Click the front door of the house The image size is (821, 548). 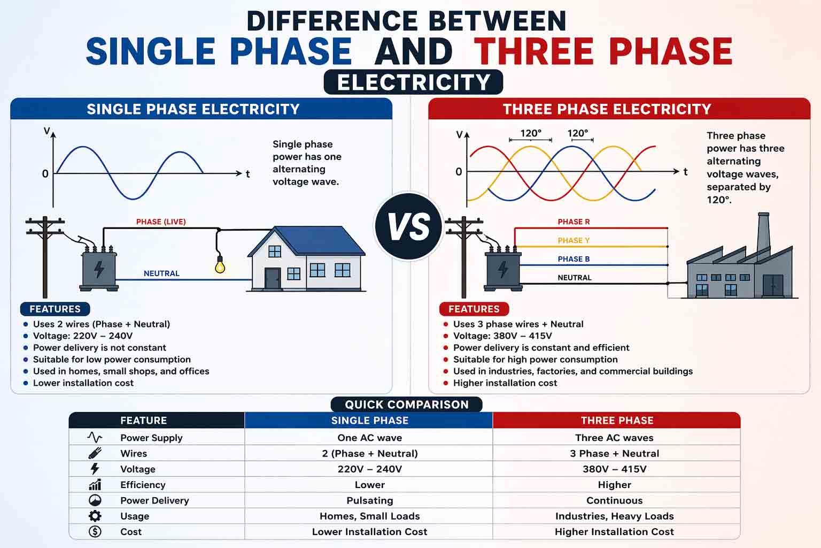click(x=273, y=278)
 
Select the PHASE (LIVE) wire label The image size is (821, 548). click(x=161, y=222)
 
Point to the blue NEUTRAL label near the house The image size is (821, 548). click(x=161, y=273)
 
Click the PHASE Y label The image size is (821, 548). click(x=574, y=240)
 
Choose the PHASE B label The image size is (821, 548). click(x=574, y=259)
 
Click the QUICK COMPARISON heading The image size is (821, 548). click(x=406, y=405)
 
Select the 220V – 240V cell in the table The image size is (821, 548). click(x=369, y=469)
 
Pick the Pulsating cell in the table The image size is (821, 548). click(x=369, y=500)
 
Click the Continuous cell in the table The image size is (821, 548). click(x=614, y=500)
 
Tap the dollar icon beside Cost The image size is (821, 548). click(x=95, y=531)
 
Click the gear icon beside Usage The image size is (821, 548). click(x=95, y=516)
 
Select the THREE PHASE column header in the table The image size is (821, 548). click(x=617, y=421)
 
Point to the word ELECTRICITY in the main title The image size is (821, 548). click(x=413, y=82)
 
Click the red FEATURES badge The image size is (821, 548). click(x=474, y=309)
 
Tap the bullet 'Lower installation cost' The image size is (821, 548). click(x=83, y=383)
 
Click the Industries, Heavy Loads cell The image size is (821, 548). click(x=614, y=516)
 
